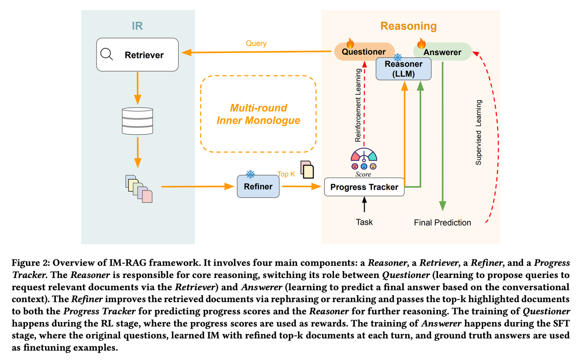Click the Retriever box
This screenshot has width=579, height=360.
pyautogui.click(x=137, y=55)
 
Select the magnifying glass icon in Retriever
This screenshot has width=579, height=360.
pyautogui.click(x=107, y=54)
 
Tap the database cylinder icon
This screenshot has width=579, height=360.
pyautogui.click(x=137, y=121)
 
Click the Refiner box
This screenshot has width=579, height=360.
pyautogui.click(x=258, y=186)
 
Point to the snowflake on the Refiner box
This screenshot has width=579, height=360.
pyautogui.click(x=250, y=174)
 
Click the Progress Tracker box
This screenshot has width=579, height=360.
pyautogui.click(x=364, y=187)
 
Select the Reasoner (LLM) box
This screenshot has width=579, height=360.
pyautogui.click(x=404, y=69)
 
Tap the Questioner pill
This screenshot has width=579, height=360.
pyautogui.click(x=364, y=52)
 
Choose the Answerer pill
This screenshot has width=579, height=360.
pyautogui.click(x=443, y=52)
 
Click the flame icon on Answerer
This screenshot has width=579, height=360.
pyautogui.click(x=421, y=43)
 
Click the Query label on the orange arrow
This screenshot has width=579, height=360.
pyautogui.click(x=256, y=43)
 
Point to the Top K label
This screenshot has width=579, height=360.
pyautogui.click(x=286, y=174)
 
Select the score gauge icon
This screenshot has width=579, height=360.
pyautogui.click(x=364, y=159)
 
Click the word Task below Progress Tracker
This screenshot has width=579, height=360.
pyautogui.click(x=364, y=222)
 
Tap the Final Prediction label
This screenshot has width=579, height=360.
pyautogui.click(x=442, y=223)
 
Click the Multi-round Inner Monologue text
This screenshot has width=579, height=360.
pyautogui.click(x=258, y=114)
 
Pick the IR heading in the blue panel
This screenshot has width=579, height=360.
pyautogui.click(x=137, y=26)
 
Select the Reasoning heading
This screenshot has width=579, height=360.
pyautogui.click(x=409, y=26)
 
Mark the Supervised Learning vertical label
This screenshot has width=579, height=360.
pyautogui.click(x=478, y=133)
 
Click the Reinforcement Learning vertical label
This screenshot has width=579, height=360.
pyautogui.click(x=358, y=105)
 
